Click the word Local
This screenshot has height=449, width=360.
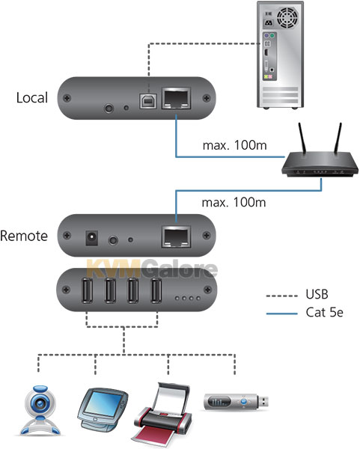(x=31, y=97)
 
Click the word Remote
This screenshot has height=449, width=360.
(x=24, y=236)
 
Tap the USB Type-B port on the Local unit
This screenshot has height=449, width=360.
(x=148, y=101)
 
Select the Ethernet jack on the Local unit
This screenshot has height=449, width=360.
(x=177, y=98)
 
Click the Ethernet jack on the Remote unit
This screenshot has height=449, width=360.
(x=177, y=236)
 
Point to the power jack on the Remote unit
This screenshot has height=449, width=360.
(x=91, y=238)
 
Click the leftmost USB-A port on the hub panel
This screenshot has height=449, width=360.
(x=87, y=290)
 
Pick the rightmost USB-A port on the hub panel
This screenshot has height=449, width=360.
(x=156, y=290)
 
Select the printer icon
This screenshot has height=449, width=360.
(x=162, y=415)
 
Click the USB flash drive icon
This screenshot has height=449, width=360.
(x=237, y=402)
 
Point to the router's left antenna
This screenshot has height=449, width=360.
(x=302, y=139)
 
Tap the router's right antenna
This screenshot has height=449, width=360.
(x=338, y=139)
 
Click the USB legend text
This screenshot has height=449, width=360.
(x=317, y=294)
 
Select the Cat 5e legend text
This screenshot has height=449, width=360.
(x=325, y=312)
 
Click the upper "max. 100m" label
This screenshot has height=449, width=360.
(x=234, y=145)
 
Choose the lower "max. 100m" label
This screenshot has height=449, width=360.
(x=234, y=203)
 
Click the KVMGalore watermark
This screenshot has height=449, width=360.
(x=152, y=269)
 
